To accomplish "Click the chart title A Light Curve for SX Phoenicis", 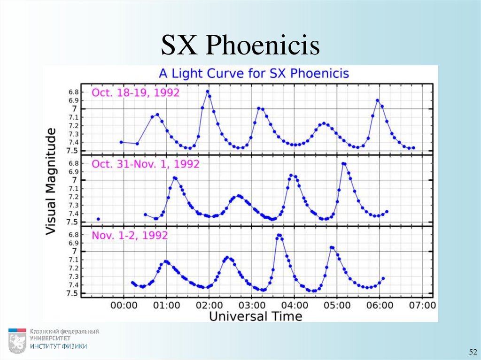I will (254, 74).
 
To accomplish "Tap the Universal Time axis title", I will (256, 316).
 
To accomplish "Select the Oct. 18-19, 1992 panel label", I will (135, 92).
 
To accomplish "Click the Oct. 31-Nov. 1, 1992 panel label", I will (146, 164).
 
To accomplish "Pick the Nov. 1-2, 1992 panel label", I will (130, 235).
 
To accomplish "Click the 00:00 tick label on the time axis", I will (124, 305).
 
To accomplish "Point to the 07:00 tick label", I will (422, 305).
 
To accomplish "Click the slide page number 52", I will (472, 352).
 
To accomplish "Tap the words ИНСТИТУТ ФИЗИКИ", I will (59, 346).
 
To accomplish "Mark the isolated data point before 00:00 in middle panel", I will (98, 219).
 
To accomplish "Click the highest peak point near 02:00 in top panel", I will (208, 92).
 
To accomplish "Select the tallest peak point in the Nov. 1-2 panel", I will (279, 235).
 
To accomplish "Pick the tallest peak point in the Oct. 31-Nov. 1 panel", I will (343, 163).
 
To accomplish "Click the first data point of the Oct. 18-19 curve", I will (121, 142).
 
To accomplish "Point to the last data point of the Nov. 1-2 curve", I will (383, 278).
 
